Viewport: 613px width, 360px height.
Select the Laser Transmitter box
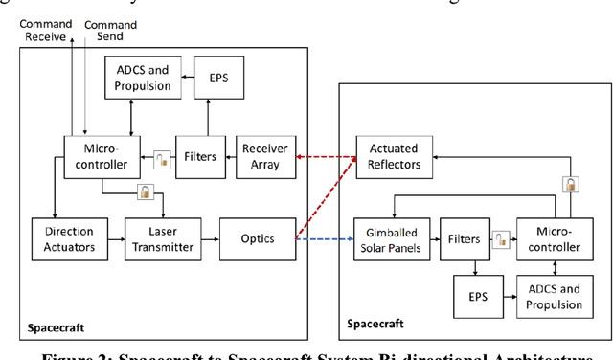[x=162, y=238]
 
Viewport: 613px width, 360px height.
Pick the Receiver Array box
[x=264, y=155]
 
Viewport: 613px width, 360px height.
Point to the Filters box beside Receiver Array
[x=200, y=155]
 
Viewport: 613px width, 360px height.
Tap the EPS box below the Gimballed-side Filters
[x=478, y=296]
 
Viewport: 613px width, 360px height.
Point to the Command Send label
[x=110, y=31]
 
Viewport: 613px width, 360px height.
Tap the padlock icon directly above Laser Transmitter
[x=145, y=193]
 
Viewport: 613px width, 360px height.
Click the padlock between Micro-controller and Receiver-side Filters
[x=160, y=156]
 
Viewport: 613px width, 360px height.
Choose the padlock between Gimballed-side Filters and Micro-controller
[x=500, y=239]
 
